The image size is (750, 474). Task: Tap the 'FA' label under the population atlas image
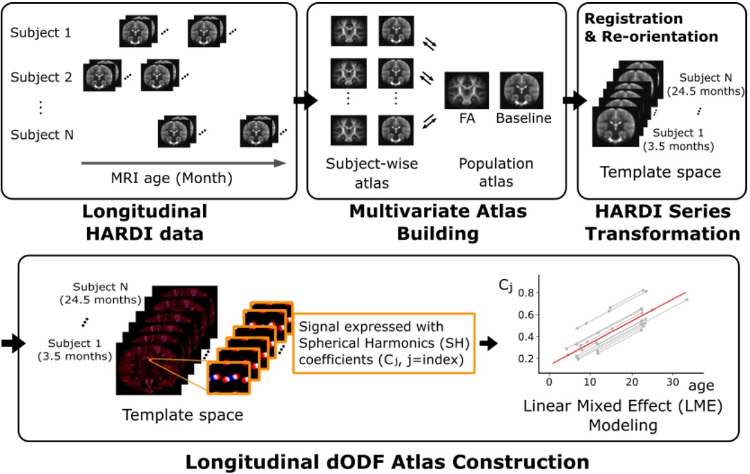pyautogui.click(x=466, y=118)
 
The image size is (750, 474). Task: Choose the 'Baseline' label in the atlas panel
pyautogui.click(x=523, y=118)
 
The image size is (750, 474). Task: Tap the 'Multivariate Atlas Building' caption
pyautogui.click(x=438, y=222)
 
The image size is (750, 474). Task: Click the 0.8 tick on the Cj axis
pyautogui.click(x=526, y=293)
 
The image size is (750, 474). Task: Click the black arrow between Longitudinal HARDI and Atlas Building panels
pyautogui.click(x=304, y=101)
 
